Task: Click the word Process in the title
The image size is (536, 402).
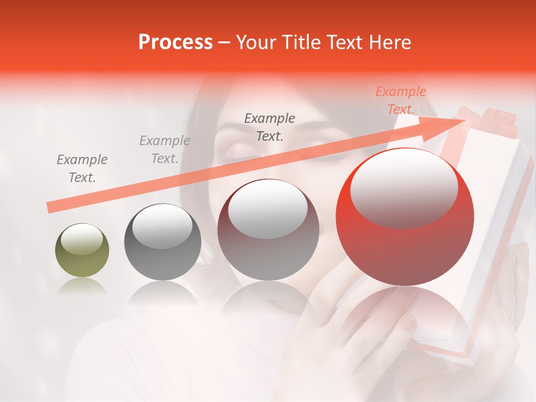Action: (x=175, y=42)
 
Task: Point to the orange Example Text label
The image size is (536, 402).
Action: (x=401, y=100)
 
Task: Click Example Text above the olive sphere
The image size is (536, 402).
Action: (x=82, y=168)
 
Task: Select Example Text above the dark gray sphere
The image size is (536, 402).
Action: (x=164, y=149)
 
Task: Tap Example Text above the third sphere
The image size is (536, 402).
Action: (x=270, y=127)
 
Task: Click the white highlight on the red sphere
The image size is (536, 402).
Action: (x=404, y=187)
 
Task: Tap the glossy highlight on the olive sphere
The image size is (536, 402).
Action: (x=82, y=239)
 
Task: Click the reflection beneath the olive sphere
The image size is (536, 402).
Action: (x=82, y=286)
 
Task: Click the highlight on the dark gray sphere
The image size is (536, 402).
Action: (x=162, y=226)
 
